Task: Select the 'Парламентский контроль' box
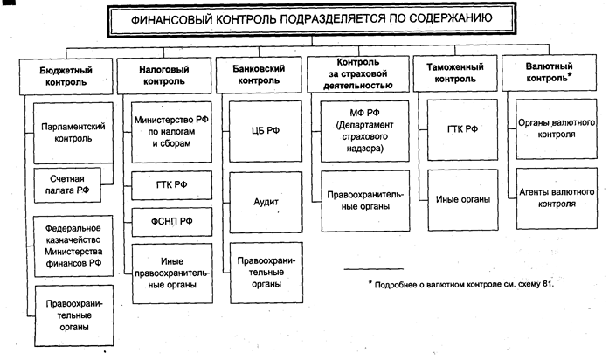73,132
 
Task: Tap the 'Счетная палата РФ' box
68,183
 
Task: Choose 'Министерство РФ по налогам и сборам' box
170,132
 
